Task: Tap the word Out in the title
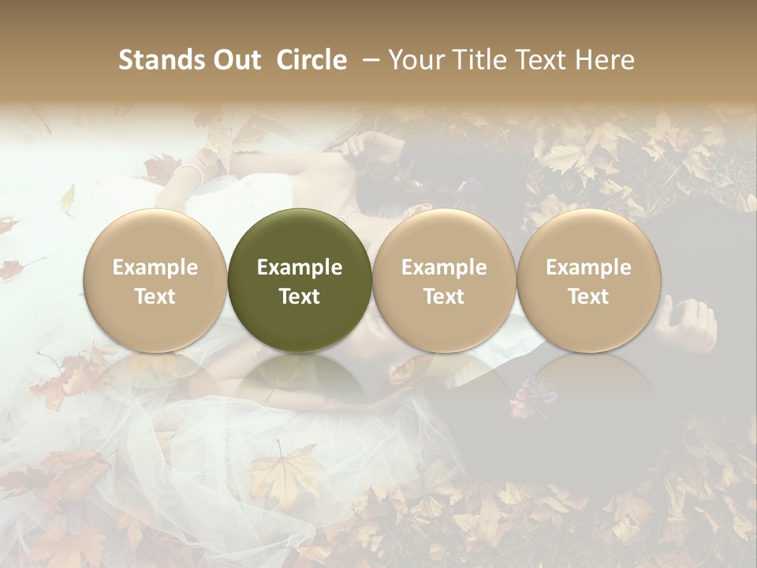click(x=234, y=60)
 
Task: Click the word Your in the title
click(x=415, y=60)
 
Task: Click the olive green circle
click(x=300, y=237)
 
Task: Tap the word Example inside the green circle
click(x=300, y=267)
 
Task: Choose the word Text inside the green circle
click(x=300, y=297)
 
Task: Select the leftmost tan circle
click(x=155, y=237)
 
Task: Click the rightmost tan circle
click(x=589, y=237)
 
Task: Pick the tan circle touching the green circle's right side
click(x=444, y=237)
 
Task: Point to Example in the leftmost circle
click(x=155, y=267)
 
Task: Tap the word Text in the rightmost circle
click(x=589, y=297)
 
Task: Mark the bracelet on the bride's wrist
click(x=189, y=174)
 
